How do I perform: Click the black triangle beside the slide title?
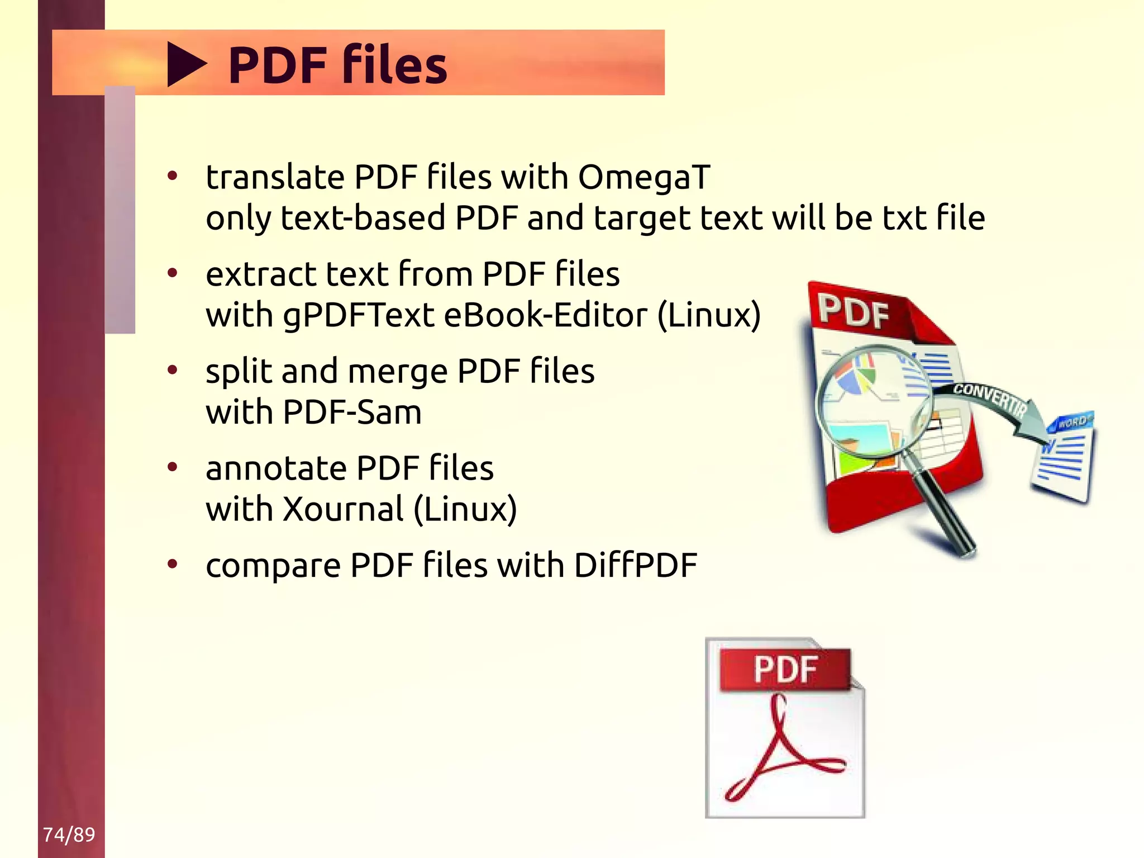point(185,65)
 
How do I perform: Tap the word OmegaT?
point(643,177)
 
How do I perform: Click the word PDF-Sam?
point(352,412)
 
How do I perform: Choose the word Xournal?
point(343,509)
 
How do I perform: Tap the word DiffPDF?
point(635,565)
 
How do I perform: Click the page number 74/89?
point(69,835)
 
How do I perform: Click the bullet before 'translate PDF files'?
point(173,176)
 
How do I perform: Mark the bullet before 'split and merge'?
point(173,369)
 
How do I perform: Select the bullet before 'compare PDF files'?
point(173,564)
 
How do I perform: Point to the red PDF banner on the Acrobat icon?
point(785,669)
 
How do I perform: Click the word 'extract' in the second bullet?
point(260,274)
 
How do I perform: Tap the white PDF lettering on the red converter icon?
point(854,312)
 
